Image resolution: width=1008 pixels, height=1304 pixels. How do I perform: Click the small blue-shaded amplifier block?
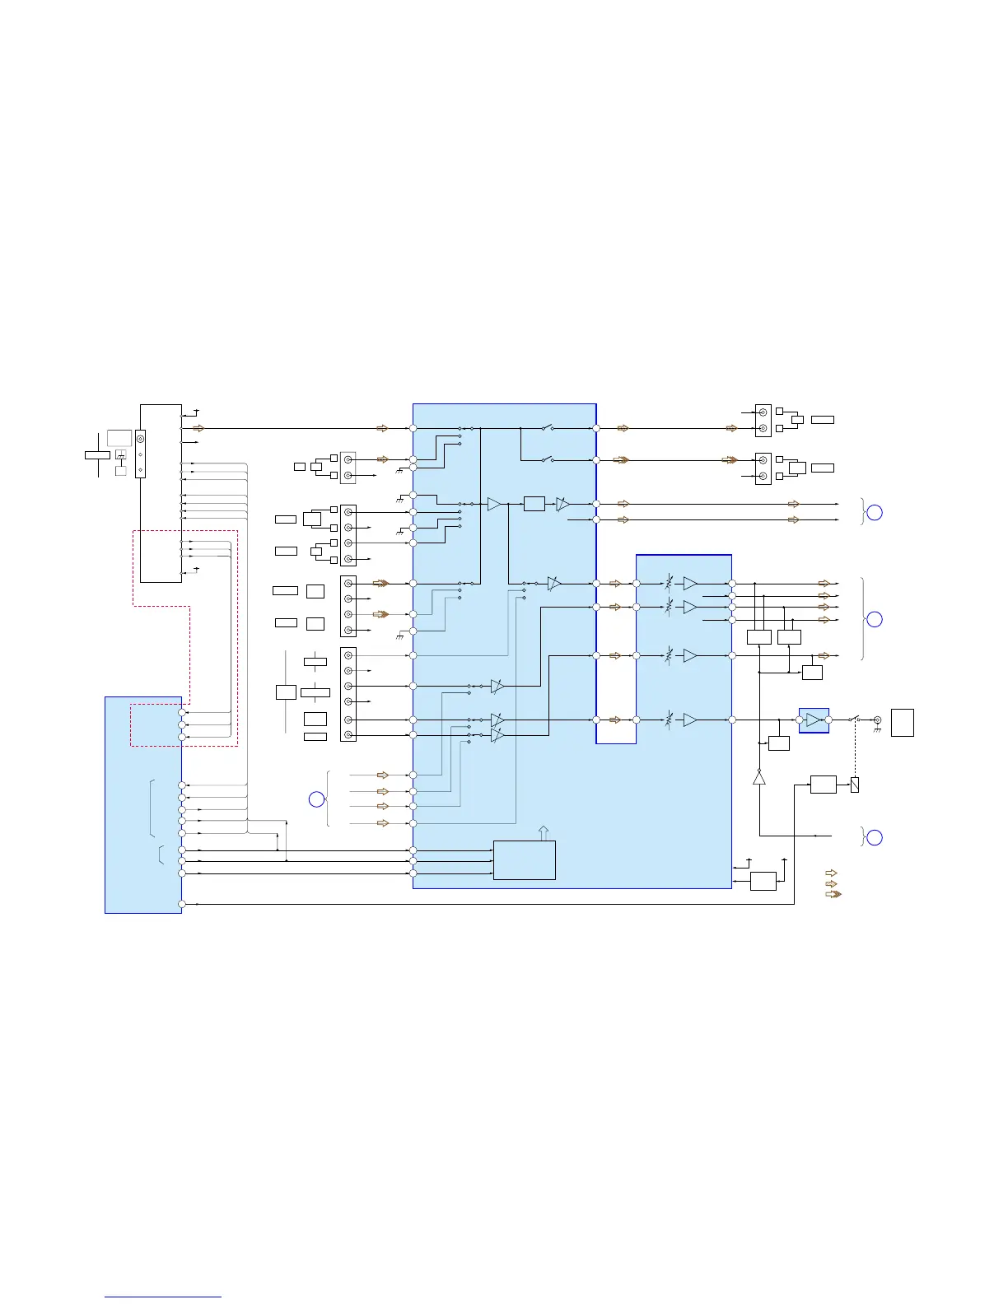click(x=814, y=720)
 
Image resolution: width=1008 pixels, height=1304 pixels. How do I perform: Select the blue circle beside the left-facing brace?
click(x=316, y=799)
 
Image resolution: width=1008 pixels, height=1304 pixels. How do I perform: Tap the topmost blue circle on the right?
click(x=875, y=513)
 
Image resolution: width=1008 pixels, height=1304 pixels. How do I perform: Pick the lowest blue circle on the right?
click(x=875, y=837)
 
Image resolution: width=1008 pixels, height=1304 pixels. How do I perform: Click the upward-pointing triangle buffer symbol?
click(x=759, y=777)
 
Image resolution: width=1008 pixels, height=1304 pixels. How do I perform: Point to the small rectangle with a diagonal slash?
click(x=855, y=785)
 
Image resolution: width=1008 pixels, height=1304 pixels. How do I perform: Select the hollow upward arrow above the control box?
click(x=543, y=832)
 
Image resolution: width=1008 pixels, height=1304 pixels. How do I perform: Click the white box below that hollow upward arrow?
click(x=524, y=859)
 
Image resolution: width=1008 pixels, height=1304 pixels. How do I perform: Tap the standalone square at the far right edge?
click(x=903, y=722)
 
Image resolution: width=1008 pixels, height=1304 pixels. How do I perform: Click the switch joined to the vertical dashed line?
click(x=854, y=720)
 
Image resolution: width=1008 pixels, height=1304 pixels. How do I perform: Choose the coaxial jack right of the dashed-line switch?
click(x=877, y=720)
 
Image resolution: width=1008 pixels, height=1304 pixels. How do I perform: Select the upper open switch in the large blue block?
click(x=547, y=428)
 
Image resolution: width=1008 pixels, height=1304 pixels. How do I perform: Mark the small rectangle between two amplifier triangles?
click(x=534, y=503)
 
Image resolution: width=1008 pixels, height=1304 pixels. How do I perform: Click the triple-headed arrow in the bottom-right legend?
click(x=833, y=894)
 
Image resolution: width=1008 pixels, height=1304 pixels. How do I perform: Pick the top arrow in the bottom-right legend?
click(x=831, y=873)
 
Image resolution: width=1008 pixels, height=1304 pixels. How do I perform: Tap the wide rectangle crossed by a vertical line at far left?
click(x=97, y=454)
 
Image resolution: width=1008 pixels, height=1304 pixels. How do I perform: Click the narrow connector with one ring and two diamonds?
click(x=140, y=454)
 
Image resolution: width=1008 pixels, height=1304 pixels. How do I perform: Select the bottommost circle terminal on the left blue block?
click(x=182, y=904)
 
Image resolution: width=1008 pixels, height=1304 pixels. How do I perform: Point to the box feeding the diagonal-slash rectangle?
click(x=823, y=784)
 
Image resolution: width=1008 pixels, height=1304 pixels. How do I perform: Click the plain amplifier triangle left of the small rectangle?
click(x=494, y=504)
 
